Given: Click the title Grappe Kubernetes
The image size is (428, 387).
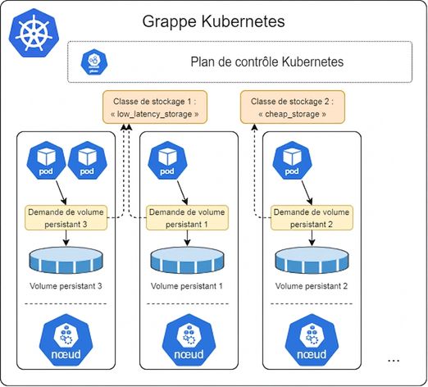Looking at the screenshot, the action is click(x=213, y=22).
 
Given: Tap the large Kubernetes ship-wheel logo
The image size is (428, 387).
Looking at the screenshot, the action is click(x=34, y=34).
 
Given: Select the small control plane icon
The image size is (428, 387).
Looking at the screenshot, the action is click(x=94, y=61).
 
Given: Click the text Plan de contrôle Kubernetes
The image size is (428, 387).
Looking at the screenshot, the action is click(x=266, y=61).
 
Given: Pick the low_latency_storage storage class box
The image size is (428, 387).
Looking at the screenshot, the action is click(x=155, y=107).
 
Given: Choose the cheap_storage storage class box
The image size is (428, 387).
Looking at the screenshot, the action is click(x=293, y=107).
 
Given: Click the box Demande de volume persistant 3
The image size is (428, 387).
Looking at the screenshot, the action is click(x=66, y=218).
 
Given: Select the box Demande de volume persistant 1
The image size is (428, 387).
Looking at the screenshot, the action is click(x=187, y=218).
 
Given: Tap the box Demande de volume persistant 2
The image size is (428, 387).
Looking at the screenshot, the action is click(x=312, y=218).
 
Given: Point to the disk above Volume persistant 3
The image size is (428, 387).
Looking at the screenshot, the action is click(x=66, y=260).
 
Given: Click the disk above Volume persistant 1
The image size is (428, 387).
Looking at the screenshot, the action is click(x=187, y=260).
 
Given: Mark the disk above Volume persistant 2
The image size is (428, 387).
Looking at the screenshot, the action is click(x=312, y=260).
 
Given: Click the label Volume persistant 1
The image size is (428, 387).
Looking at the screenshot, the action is click(x=187, y=286).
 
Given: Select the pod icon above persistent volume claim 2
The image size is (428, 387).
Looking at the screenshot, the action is click(x=292, y=161).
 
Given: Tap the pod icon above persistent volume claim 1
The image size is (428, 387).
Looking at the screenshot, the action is click(x=167, y=161).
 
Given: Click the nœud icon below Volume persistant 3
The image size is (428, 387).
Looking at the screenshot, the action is click(x=66, y=339).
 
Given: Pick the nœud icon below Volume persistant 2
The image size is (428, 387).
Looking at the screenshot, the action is click(x=312, y=339).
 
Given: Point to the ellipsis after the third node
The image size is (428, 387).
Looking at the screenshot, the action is click(x=394, y=361).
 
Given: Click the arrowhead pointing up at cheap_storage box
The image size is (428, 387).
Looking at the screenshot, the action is click(x=254, y=127).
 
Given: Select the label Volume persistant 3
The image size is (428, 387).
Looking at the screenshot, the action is click(x=66, y=286).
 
